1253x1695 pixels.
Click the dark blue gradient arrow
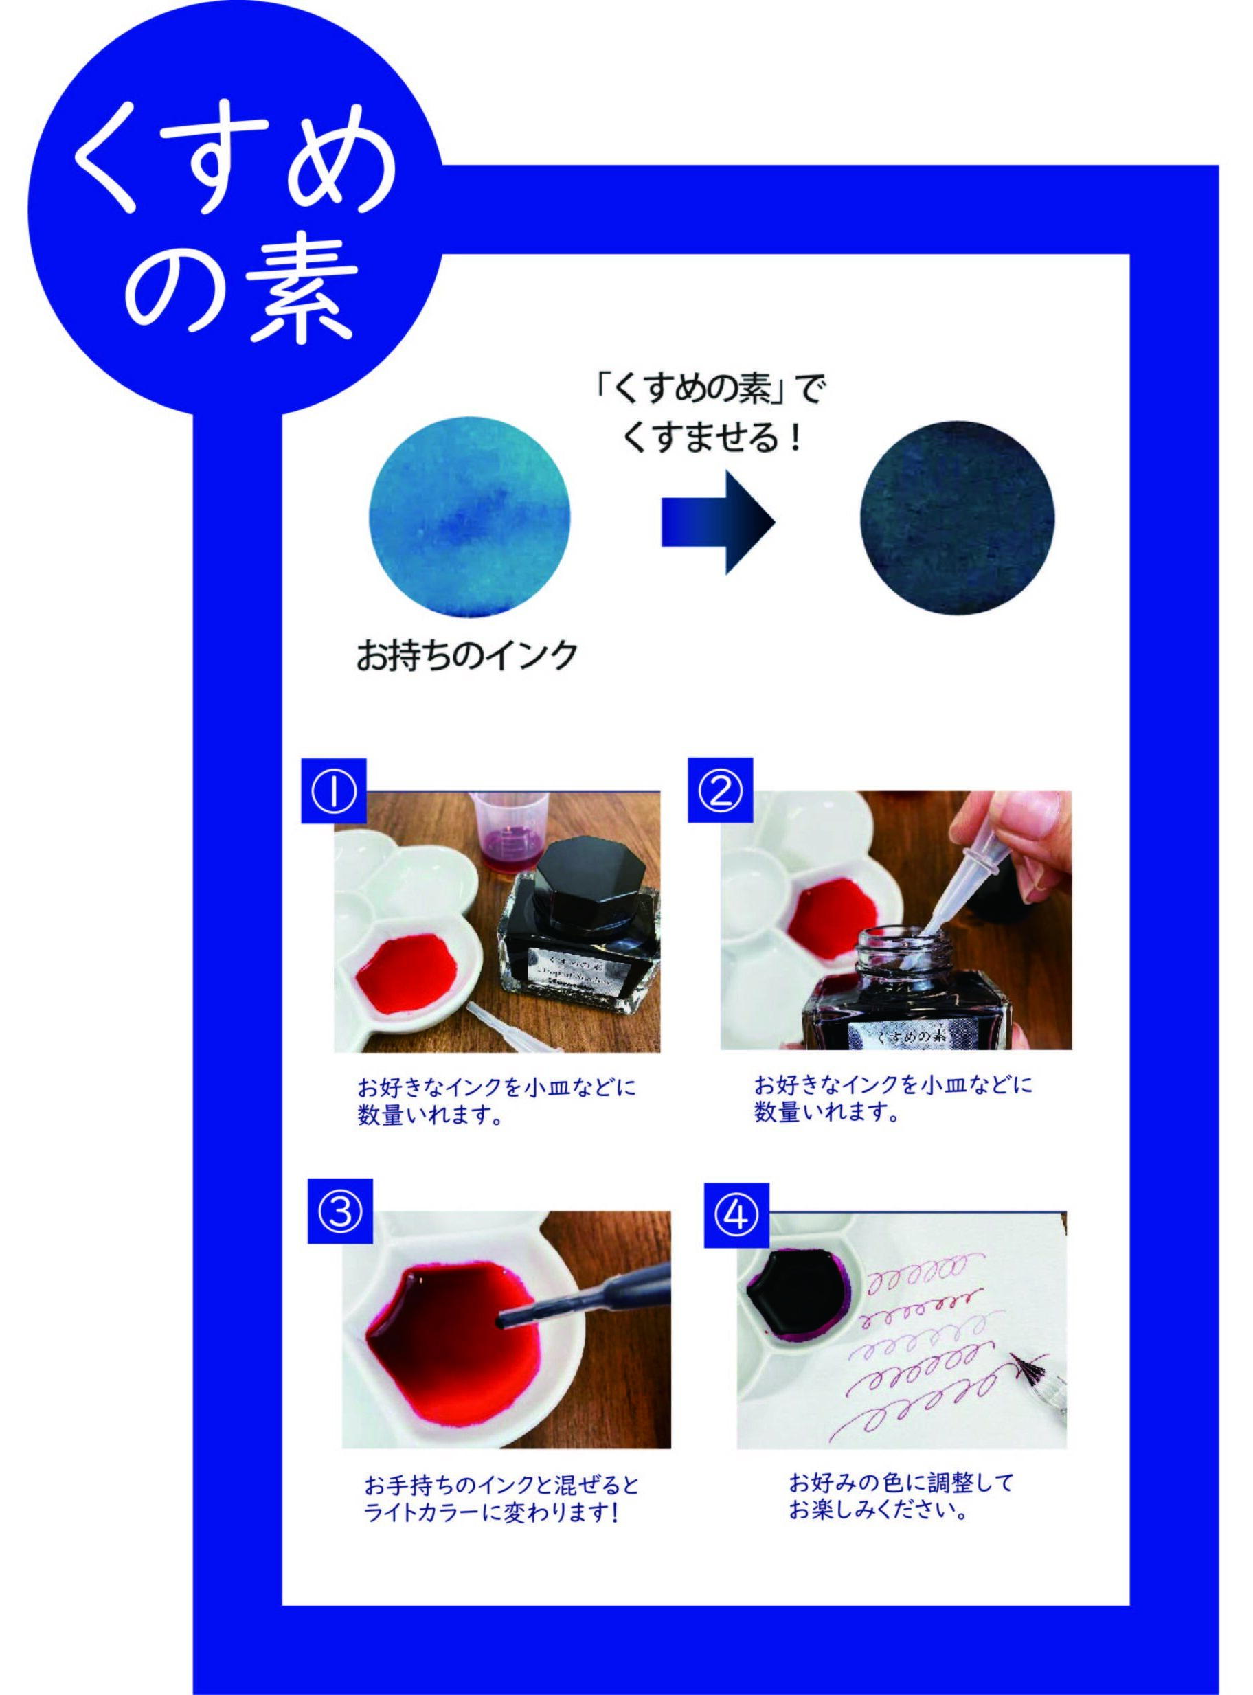(x=717, y=522)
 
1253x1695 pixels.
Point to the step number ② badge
(x=719, y=790)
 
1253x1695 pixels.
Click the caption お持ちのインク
(x=467, y=655)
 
